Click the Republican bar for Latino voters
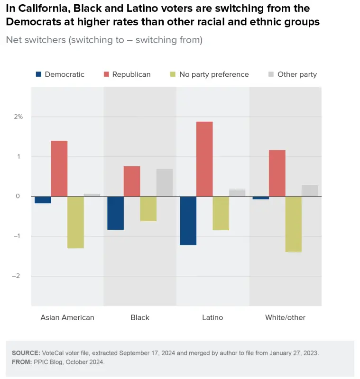tap(204, 159)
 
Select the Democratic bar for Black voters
tap(116, 213)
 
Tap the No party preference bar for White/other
tap(293, 224)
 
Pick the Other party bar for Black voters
tap(165, 182)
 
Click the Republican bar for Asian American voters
tap(59, 168)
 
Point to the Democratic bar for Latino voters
tap(188, 220)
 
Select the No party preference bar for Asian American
tap(75, 222)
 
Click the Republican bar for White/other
tap(277, 173)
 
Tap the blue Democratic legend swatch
tap(39, 74)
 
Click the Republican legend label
tap(131, 74)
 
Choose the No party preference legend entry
tap(214, 74)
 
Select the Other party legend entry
tap(297, 74)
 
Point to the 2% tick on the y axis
tap(18, 117)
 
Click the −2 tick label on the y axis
tap(18, 276)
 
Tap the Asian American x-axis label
tap(67, 317)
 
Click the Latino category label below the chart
tap(212, 317)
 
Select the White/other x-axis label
tap(285, 317)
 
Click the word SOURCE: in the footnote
tap(26, 353)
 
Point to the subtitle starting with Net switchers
tap(104, 40)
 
